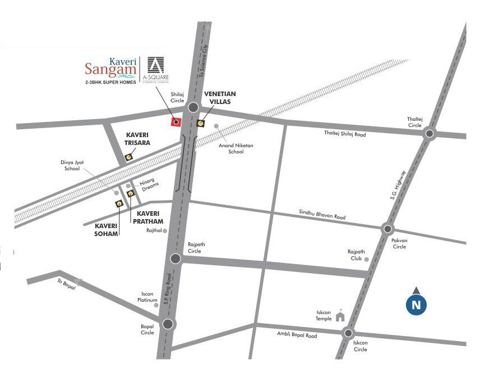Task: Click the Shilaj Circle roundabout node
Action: click(x=193, y=107)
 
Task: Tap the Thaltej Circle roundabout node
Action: click(x=430, y=133)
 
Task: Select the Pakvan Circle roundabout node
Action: click(x=388, y=229)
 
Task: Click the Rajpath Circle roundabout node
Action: click(x=176, y=258)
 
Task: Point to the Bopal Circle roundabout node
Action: click(x=168, y=324)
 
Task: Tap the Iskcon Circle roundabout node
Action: click(x=348, y=333)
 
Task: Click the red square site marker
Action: click(x=176, y=122)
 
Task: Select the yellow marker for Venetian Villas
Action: click(x=201, y=123)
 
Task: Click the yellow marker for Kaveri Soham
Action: click(x=119, y=203)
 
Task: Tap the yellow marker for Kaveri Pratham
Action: click(x=131, y=194)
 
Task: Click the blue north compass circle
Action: click(x=416, y=305)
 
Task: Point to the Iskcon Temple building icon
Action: click(x=340, y=316)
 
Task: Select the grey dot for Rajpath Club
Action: click(x=367, y=260)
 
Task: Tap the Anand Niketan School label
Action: click(x=236, y=148)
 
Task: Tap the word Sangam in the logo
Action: click(x=110, y=70)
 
